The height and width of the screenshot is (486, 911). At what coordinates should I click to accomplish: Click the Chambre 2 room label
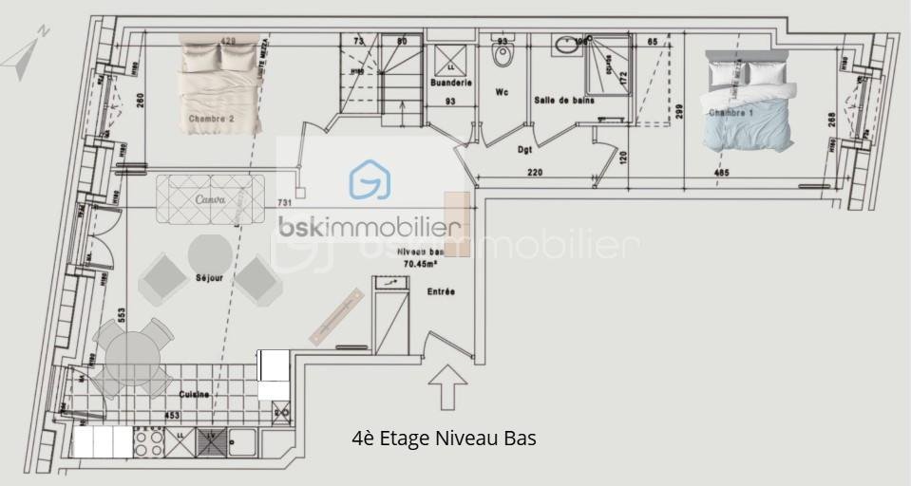pyautogui.click(x=211, y=119)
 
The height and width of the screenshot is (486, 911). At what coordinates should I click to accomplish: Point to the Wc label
pyautogui.click(x=503, y=93)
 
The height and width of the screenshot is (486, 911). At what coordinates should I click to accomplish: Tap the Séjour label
pyautogui.click(x=209, y=278)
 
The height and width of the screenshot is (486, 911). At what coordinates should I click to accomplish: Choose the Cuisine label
pyautogui.click(x=194, y=393)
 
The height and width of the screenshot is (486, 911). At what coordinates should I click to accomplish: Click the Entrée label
pyautogui.click(x=441, y=291)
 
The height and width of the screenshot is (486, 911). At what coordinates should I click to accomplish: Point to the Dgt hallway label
pyautogui.click(x=524, y=149)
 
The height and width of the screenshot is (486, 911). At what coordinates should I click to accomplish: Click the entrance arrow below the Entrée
pyautogui.click(x=447, y=385)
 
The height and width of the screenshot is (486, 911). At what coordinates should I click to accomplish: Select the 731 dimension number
pyautogui.click(x=283, y=203)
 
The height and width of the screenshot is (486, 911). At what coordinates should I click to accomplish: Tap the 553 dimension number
pyautogui.click(x=123, y=315)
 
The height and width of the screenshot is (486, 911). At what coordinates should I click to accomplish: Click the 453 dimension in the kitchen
pyautogui.click(x=172, y=415)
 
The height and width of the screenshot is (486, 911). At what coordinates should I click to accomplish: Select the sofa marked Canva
pyautogui.click(x=210, y=199)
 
